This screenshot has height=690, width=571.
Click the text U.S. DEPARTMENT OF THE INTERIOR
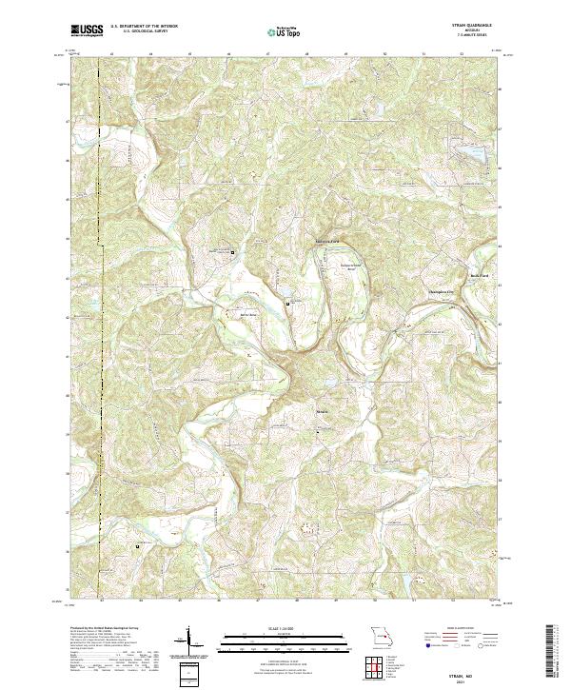click(144, 28)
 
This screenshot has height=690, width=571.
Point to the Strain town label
click(324, 414)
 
